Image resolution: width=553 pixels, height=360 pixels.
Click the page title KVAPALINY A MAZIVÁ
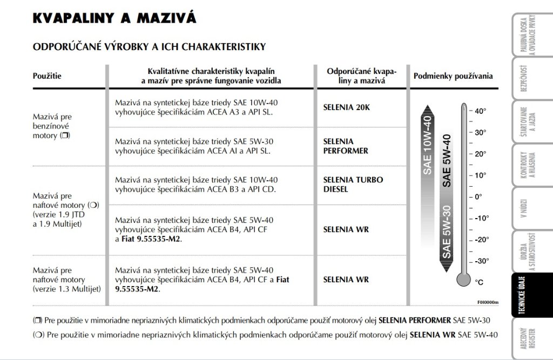pyautogui.click(x=114, y=18)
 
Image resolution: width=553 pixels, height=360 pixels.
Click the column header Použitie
pyautogui.click(x=48, y=76)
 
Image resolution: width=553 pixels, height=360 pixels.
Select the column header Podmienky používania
pyautogui.click(x=453, y=76)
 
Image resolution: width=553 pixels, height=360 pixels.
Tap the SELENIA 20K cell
pyautogui.click(x=346, y=107)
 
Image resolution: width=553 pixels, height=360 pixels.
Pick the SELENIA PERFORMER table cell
pyautogui.click(x=346, y=146)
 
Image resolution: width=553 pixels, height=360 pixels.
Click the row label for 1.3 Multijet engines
pyautogui.click(x=67, y=280)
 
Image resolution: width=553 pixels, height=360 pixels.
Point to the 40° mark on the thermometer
pyautogui.click(x=480, y=111)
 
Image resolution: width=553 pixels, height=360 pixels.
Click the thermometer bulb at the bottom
pyautogui.click(x=463, y=279)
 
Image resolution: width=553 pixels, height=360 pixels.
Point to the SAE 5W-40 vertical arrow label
pyautogui.click(x=447, y=160)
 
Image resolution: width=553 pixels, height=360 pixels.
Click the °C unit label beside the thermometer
pyautogui.click(x=479, y=282)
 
